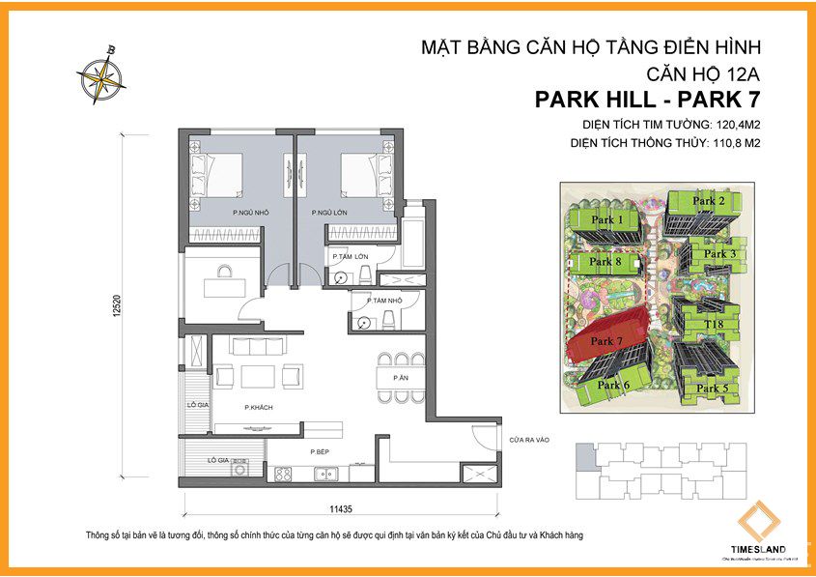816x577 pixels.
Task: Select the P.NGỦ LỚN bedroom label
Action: coord(329,212)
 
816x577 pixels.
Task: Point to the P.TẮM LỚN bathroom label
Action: coord(350,257)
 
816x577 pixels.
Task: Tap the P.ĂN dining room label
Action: coord(399,377)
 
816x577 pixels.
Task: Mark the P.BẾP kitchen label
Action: coord(321,452)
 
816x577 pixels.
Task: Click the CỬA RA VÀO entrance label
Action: coord(530,441)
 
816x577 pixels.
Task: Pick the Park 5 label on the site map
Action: coord(712,389)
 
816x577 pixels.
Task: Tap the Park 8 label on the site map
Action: coord(605,262)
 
